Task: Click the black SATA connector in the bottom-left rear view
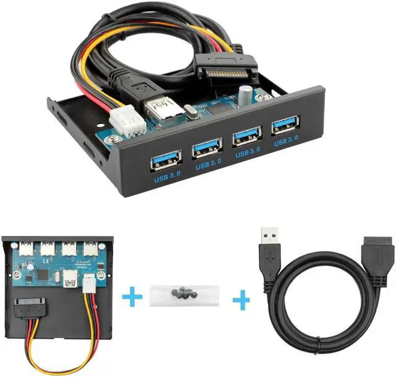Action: [x=28, y=305]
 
